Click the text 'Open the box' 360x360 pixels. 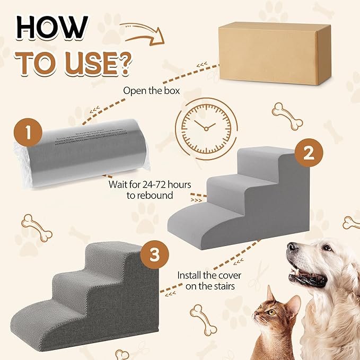(151, 91)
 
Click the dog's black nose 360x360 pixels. (293, 248)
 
